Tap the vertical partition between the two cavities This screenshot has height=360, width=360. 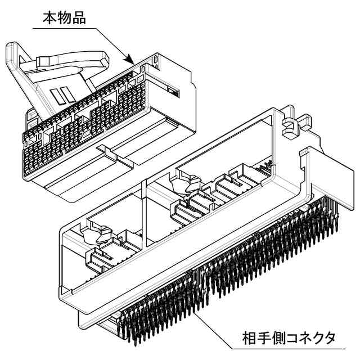tap(145, 214)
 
